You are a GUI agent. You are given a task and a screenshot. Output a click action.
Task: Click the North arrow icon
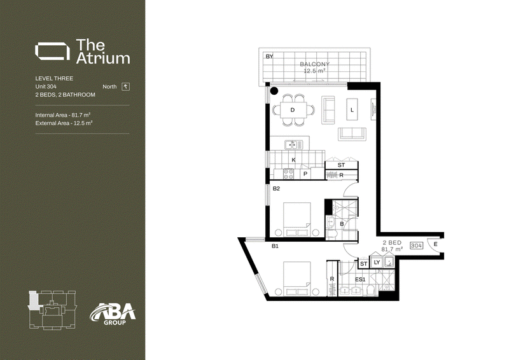pos(125,87)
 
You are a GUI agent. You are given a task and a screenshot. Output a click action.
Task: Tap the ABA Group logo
pos(113,314)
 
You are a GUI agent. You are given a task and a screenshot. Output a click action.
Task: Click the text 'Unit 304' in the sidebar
pos(46,87)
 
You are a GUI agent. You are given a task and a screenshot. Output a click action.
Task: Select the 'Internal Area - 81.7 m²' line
pos(62,115)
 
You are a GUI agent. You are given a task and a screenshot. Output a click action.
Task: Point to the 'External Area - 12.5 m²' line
pos(64,123)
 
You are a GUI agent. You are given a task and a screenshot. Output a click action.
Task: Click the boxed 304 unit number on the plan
pos(417,246)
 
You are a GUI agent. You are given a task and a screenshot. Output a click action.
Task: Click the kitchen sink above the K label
pos(293,145)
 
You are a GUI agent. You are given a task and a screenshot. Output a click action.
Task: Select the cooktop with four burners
pos(289,174)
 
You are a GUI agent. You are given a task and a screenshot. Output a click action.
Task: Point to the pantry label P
pos(305,174)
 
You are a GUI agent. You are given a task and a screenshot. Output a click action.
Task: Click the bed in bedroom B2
pos(297,219)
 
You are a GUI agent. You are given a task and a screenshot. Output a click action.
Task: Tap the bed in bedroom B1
pos(297,279)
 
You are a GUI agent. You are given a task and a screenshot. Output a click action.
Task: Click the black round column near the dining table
pos(274,91)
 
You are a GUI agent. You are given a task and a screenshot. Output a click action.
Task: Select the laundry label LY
pos(377,262)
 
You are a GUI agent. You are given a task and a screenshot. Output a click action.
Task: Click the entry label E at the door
pos(436,244)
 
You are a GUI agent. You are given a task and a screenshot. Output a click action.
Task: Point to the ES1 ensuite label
pos(360,279)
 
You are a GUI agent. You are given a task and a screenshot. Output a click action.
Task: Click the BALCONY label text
pos(314,64)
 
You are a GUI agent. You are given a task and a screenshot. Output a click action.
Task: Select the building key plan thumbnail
pos(53,309)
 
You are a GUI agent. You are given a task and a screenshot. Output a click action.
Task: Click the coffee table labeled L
pos(352,110)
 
